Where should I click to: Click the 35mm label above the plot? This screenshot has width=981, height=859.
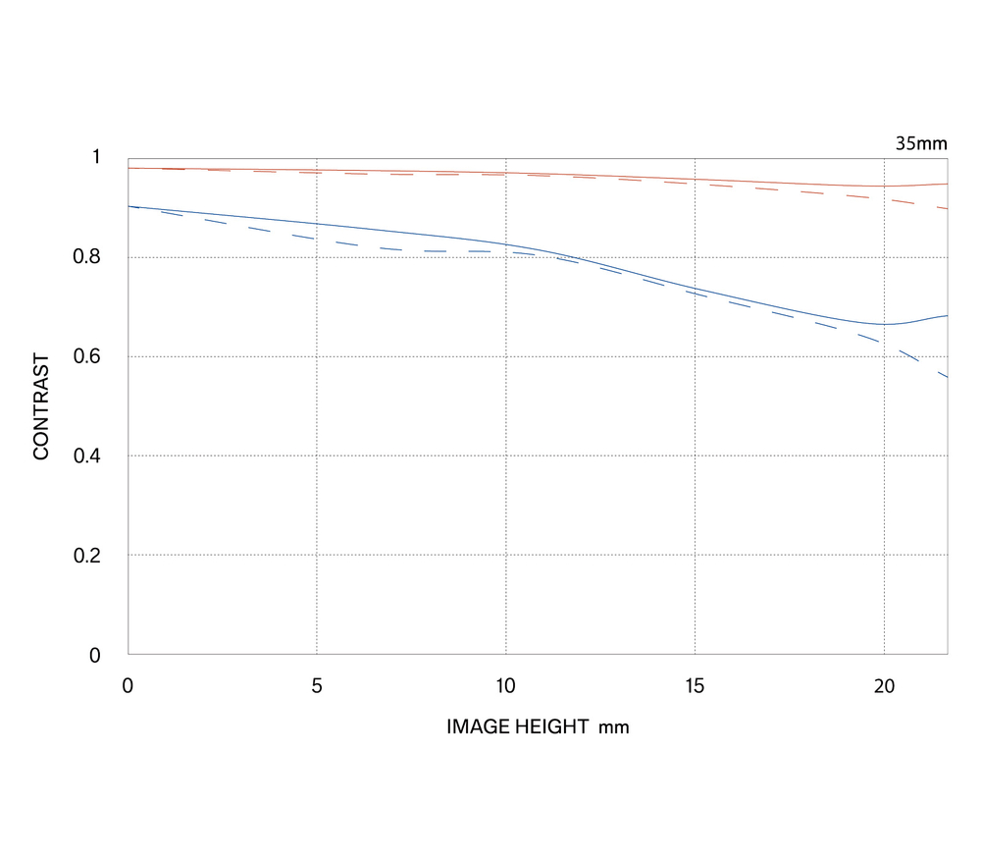coord(921,143)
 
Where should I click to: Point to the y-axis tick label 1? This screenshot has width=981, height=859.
coord(96,156)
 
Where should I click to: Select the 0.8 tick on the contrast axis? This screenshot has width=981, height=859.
coord(86,256)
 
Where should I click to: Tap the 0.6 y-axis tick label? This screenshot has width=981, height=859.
coord(86,355)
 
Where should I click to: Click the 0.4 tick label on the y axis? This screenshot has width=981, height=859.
coord(86,456)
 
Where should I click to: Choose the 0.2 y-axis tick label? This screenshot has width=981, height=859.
coord(86,555)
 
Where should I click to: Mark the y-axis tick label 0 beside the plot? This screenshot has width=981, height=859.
coord(94,655)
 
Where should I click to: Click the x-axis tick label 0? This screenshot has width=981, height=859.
coord(128,686)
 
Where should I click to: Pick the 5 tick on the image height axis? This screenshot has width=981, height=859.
coord(317,686)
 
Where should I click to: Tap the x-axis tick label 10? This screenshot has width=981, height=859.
coord(505,686)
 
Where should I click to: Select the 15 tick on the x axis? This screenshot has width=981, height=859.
coord(695,686)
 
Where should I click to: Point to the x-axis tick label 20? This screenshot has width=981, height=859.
coord(884,686)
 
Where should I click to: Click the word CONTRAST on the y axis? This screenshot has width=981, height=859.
coord(40,406)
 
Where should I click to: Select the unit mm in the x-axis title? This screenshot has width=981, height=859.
coord(614,727)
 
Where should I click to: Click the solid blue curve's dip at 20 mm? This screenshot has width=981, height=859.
coord(884,324)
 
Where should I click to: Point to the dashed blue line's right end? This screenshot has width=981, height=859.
coord(948,377)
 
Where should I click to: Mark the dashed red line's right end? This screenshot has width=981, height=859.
coord(948,208)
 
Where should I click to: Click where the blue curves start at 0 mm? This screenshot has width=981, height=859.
coord(129,206)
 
